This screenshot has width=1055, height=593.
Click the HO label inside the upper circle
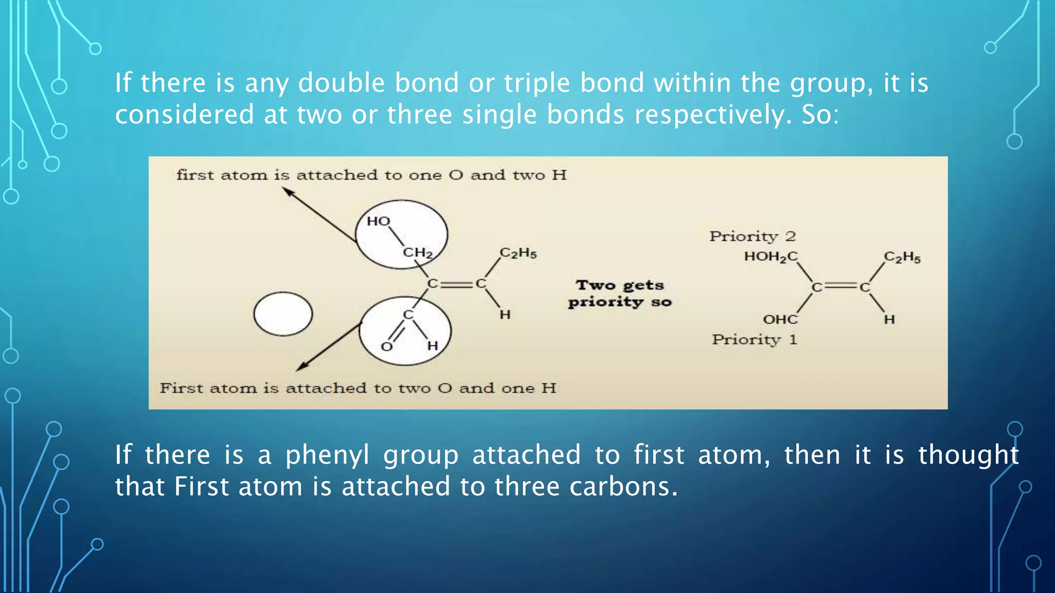tap(379, 221)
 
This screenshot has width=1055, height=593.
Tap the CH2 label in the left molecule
tap(417, 253)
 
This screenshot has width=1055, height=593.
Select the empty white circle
tap(283, 314)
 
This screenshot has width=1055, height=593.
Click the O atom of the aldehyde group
tap(387, 347)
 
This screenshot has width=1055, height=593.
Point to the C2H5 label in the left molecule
tap(518, 253)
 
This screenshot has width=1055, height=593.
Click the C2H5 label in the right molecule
tap(902, 257)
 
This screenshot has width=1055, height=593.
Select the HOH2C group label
tap(771, 256)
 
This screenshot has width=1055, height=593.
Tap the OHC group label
tap(780, 320)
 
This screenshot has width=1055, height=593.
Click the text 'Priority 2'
tap(752, 236)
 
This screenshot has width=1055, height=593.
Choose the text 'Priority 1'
tap(754, 340)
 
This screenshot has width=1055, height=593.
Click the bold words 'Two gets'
tap(620, 285)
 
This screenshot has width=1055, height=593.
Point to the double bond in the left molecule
tap(456, 284)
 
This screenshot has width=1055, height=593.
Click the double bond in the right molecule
tap(840, 287)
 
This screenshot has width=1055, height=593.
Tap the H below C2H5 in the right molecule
tap(889, 320)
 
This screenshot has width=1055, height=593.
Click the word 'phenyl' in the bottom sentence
tap(328, 455)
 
